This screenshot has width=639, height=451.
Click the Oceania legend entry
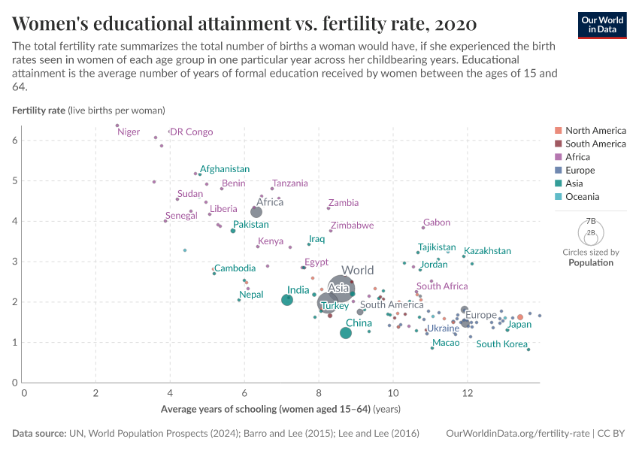pyautogui.click(x=583, y=197)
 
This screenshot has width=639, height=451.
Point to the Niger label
pyautogui.click(x=129, y=132)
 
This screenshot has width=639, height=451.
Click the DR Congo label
pyautogui.click(x=191, y=132)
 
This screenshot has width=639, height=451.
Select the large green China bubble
pyautogui.click(x=346, y=333)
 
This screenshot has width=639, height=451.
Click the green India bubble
pyautogui.click(x=287, y=300)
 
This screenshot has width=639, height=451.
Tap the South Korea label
pyautogui.click(x=501, y=344)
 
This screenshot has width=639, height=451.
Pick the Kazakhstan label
pyautogui.click(x=487, y=251)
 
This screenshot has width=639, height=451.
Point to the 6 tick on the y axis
pyautogui.click(x=15, y=141)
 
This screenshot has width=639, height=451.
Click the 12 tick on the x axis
pyautogui.click(x=467, y=393)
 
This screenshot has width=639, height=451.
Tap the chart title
pyautogui.click(x=244, y=23)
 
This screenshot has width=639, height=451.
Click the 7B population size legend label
pyautogui.click(x=591, y=222)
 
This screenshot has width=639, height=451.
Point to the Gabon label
pyautogui.click(x=437, y=222)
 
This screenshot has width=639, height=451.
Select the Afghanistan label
pyautogui.click(x=225, y=169)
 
